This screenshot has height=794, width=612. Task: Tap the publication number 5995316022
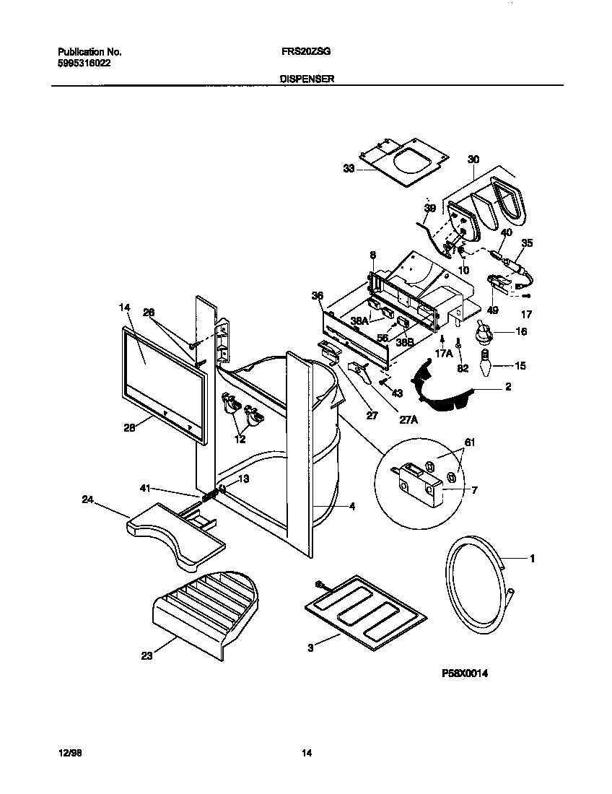click(84, 63)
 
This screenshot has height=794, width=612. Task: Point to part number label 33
click(349, 169)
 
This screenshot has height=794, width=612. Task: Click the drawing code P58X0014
click(465, 672)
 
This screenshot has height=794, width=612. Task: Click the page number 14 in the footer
click(306, 754)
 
